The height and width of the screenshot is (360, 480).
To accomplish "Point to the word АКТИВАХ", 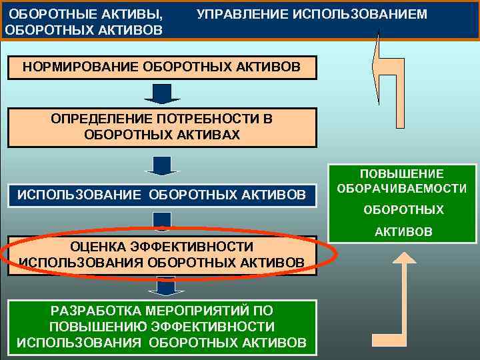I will click(x=205, y=134).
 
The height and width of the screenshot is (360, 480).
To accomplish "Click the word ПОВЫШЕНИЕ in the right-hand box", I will click(x=402, y=174).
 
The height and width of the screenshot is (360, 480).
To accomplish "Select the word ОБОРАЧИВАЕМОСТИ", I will click(x=402, y=189).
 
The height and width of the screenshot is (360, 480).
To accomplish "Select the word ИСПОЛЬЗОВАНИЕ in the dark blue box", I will click(x=79, y=195).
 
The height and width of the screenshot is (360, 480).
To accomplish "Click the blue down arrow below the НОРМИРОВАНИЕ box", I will click(x=162, y=94).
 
